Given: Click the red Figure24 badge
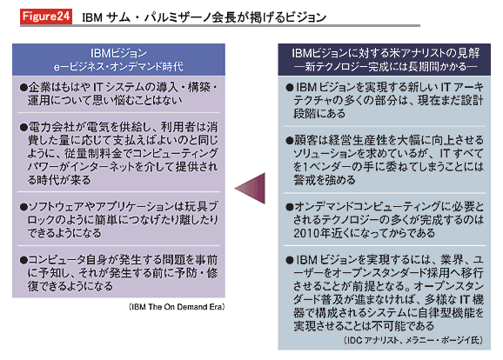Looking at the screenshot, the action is pos(46,16).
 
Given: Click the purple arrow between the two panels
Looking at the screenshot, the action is pos(251,188).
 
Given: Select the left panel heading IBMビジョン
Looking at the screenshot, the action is pos(118,53).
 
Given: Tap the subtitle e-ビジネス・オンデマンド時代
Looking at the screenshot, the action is pos(118,66).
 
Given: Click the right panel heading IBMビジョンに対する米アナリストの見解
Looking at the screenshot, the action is pos(386,53).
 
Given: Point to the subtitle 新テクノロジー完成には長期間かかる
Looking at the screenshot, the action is pos(386,66).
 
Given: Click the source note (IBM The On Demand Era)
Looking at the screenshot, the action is pos(177,307).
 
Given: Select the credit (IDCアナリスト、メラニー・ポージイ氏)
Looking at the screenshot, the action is pos(413,340).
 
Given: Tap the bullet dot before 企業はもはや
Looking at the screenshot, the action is pos(23,88).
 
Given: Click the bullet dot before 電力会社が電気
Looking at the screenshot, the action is pos(23,128).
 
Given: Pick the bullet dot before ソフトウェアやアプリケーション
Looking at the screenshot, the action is pos(23,207).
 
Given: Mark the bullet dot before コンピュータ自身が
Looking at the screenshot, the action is pos(23,260).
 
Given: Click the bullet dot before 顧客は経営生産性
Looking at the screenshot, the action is pos(290,140).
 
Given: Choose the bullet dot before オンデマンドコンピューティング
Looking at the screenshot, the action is pos(290,207).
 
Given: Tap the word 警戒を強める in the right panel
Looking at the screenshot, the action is pos(325,180).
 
